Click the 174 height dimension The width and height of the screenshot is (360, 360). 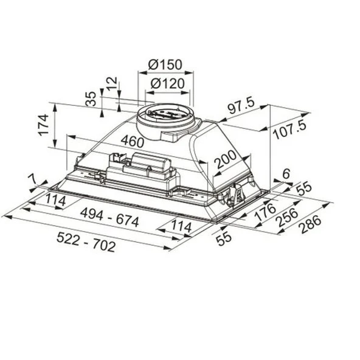[43, 125]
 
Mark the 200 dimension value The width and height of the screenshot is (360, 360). [225, 159]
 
